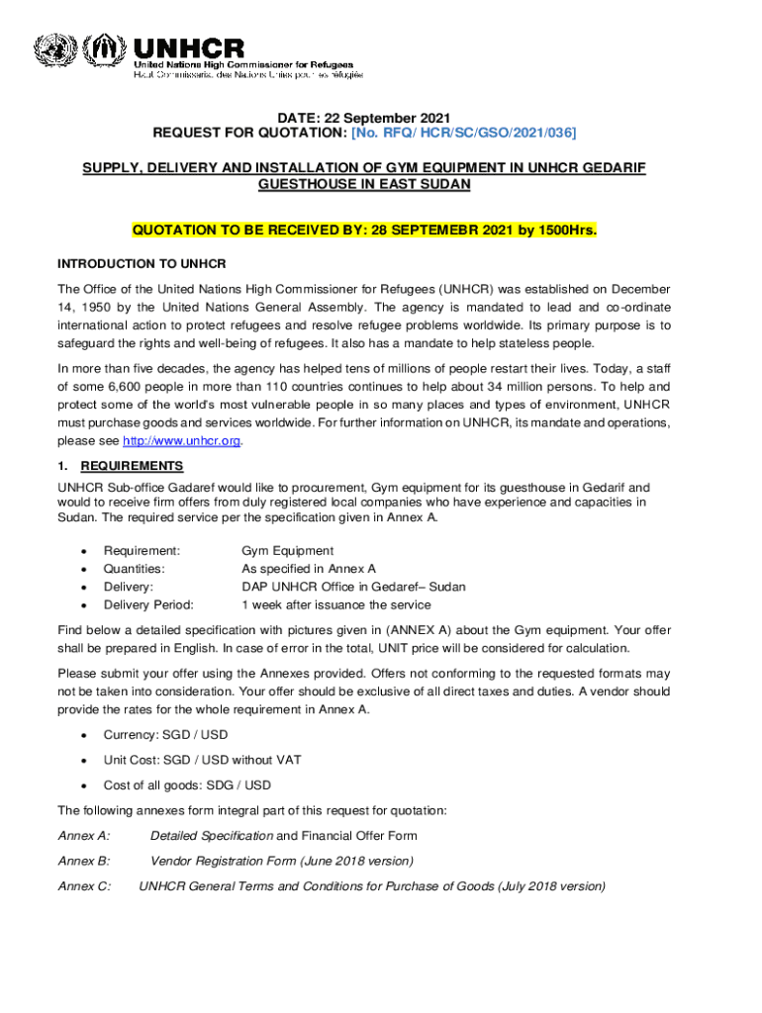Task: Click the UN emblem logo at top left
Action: [55, 51]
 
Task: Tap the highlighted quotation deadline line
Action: [364, 230]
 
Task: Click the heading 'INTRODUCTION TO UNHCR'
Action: [142, 264]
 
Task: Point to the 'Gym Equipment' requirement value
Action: [288, 551]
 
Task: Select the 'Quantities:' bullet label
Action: [135, 569]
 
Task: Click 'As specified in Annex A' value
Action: [309, 569]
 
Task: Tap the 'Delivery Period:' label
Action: [148, 604]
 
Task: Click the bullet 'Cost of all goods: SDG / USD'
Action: [187, 785]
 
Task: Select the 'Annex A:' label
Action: [84, 836]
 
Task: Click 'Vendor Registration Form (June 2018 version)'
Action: [281, 861]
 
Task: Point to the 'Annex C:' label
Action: [84, 886]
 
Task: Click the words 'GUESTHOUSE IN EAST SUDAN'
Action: [363, 185]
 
